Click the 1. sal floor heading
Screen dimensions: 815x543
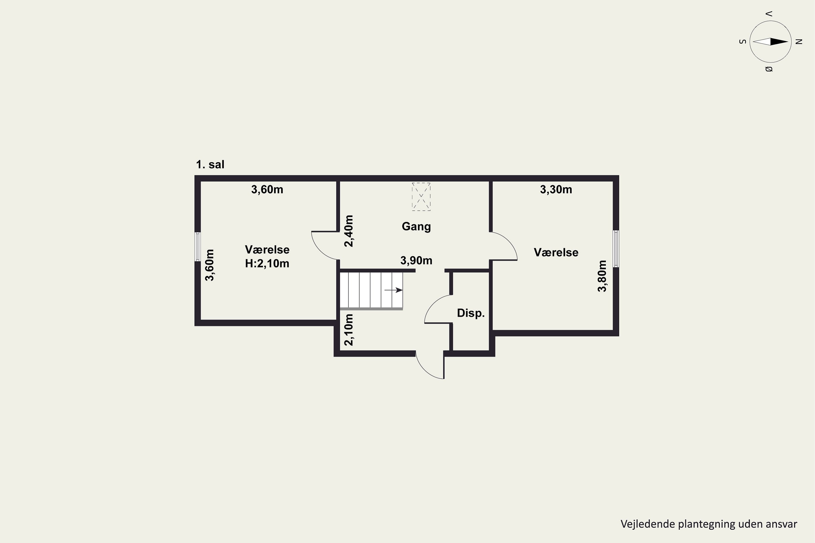210,165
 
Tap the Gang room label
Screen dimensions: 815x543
416,226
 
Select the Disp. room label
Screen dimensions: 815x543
471,313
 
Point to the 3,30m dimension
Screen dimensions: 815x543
556,190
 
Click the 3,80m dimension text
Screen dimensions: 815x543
602,276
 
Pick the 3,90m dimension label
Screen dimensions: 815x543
416,260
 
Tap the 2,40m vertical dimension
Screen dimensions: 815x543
349,231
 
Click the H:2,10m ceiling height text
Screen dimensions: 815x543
267,264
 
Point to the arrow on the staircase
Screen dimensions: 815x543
394,290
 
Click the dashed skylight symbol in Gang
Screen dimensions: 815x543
421,197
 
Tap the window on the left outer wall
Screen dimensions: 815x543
198,247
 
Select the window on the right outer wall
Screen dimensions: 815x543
616,249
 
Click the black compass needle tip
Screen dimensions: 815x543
788,42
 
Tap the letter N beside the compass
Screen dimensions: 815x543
799,42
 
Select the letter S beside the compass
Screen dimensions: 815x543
742,42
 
